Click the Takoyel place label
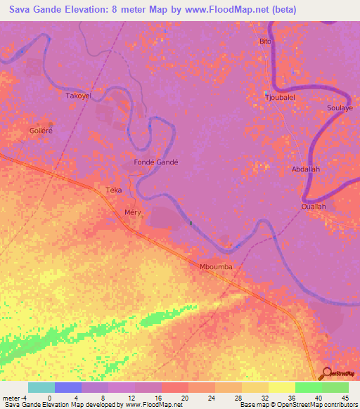[78, 95]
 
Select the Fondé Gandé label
[156, 162]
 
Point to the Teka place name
[113, 190]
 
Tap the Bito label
[265, 41]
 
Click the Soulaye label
[340, 109]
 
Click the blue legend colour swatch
[68, 387]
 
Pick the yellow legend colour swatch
[282, 387]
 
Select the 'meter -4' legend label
[13, 397]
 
